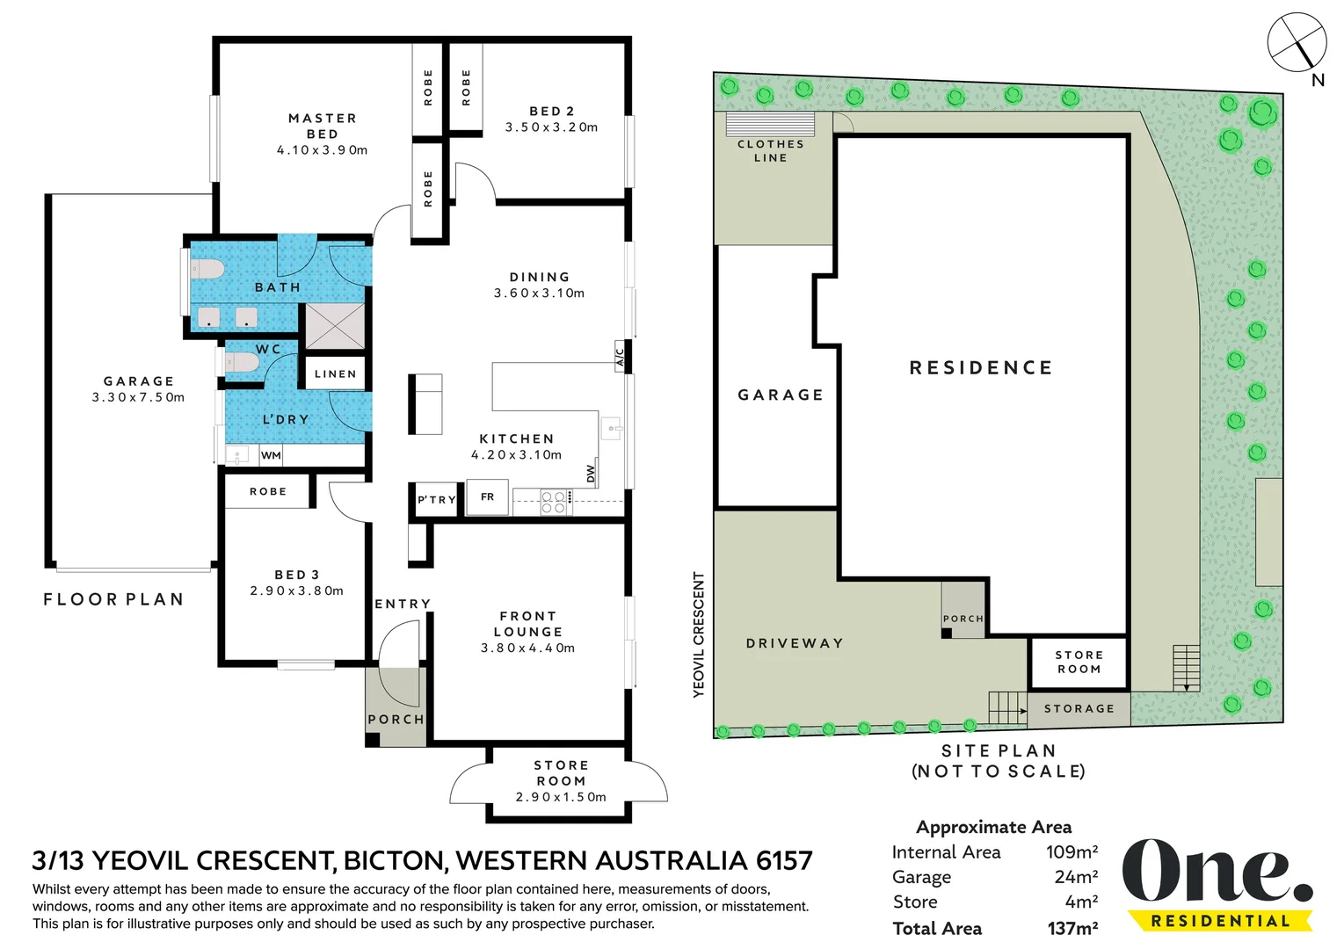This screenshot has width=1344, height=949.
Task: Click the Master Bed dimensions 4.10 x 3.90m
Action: coord(323,150)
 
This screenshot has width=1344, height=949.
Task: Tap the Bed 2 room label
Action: coord(552,111)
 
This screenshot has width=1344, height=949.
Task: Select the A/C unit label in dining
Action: coord(620,357)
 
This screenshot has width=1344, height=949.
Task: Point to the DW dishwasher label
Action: coord(591,474)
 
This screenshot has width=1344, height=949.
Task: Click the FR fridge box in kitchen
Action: coord(487,496)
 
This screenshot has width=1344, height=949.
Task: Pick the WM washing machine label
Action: coord(271,455)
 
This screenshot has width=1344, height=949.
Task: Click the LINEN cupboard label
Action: coord(336,373)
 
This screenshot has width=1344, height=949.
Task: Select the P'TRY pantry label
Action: coord(437,500)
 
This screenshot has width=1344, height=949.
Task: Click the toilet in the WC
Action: coord(241,362)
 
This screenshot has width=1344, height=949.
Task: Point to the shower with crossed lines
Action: coord(336,326)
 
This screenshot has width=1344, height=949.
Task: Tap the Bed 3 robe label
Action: coord(268,491)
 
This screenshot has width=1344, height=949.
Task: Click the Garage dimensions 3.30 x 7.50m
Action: coord(138,397)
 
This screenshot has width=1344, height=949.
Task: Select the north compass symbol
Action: coord(1297,43)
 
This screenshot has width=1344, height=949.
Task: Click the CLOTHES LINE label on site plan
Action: coord(770,150)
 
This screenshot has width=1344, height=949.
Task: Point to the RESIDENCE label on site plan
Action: coord(981,367)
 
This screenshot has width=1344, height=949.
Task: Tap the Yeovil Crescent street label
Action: coord(699,634)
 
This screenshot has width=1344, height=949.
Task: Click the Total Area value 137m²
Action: coord(1072,928)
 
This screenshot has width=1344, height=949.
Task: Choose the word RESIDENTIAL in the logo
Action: coord(1220,921)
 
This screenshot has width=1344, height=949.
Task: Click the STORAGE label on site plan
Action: coord(1079,708)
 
